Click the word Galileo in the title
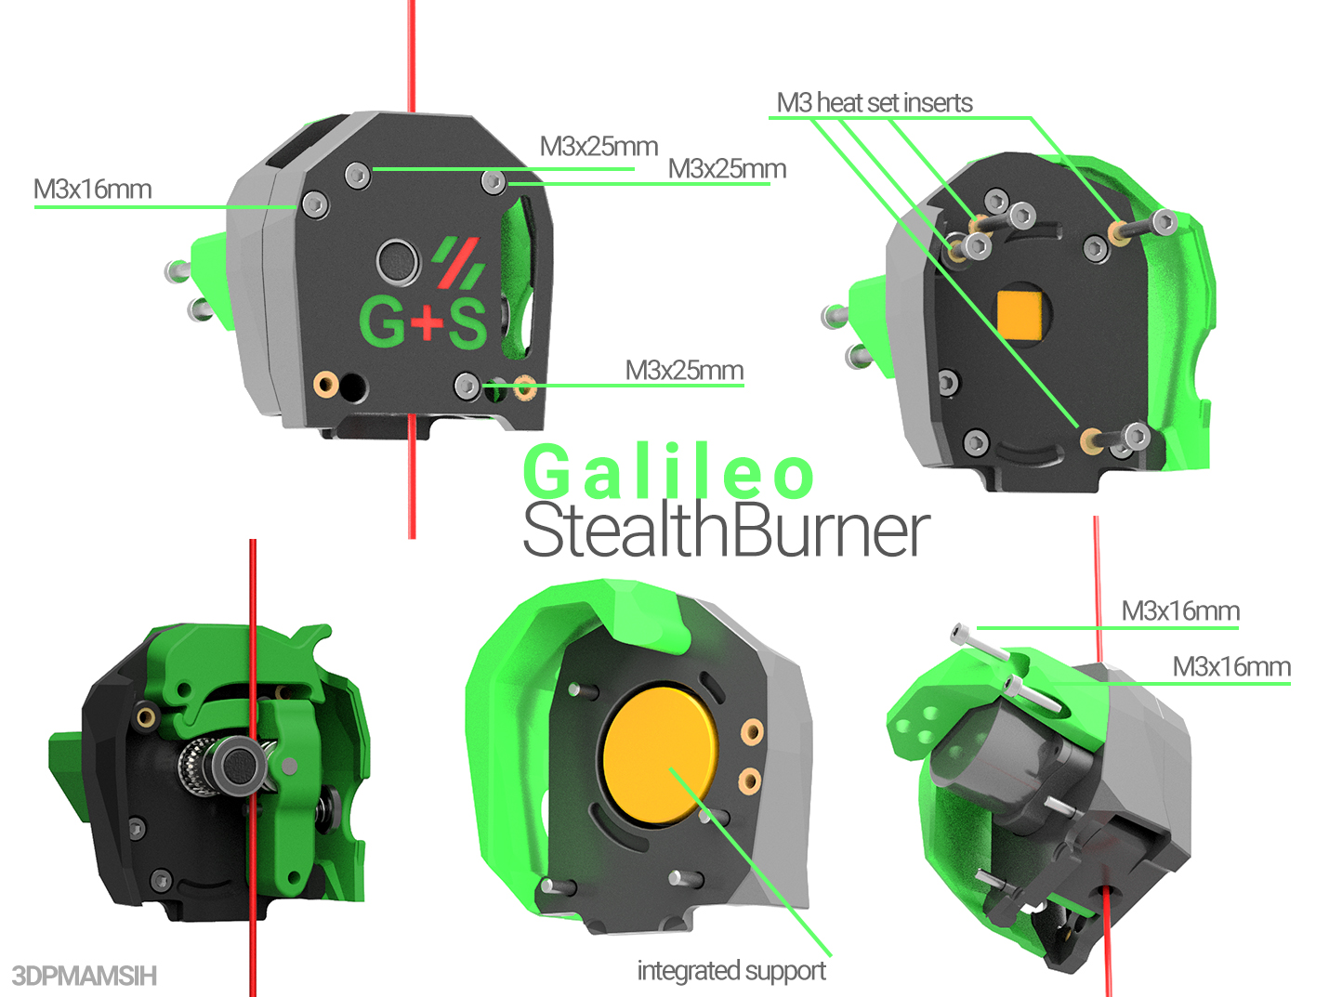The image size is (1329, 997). pos(669,472)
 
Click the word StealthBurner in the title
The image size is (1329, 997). pos(726,531)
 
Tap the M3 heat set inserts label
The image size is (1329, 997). pos(875,103)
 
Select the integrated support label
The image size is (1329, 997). pos(731,971)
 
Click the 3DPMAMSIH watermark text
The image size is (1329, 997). pos(85,976)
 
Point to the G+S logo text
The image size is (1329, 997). pos(423,321)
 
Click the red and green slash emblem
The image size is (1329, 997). pos(459,262)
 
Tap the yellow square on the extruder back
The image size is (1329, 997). pos(1021,313)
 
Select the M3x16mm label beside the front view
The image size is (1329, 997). pos(92,190)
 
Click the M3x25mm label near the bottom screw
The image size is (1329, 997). pos(684,371)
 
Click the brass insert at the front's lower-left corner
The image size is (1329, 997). pos(325,384)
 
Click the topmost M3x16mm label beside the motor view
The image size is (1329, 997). pos(1180,611)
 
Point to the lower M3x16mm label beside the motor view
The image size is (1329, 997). pos(1231,667)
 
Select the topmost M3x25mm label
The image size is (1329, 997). pos(599,147)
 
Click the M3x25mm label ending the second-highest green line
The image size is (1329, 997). pos(727,169)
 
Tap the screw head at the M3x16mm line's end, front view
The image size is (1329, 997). pos(315,205)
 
